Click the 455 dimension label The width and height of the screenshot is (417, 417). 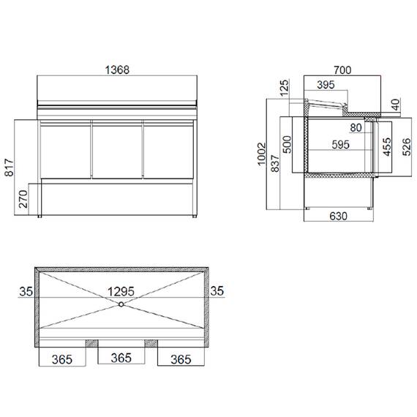[385, 146]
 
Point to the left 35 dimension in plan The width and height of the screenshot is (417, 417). [26, 291]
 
